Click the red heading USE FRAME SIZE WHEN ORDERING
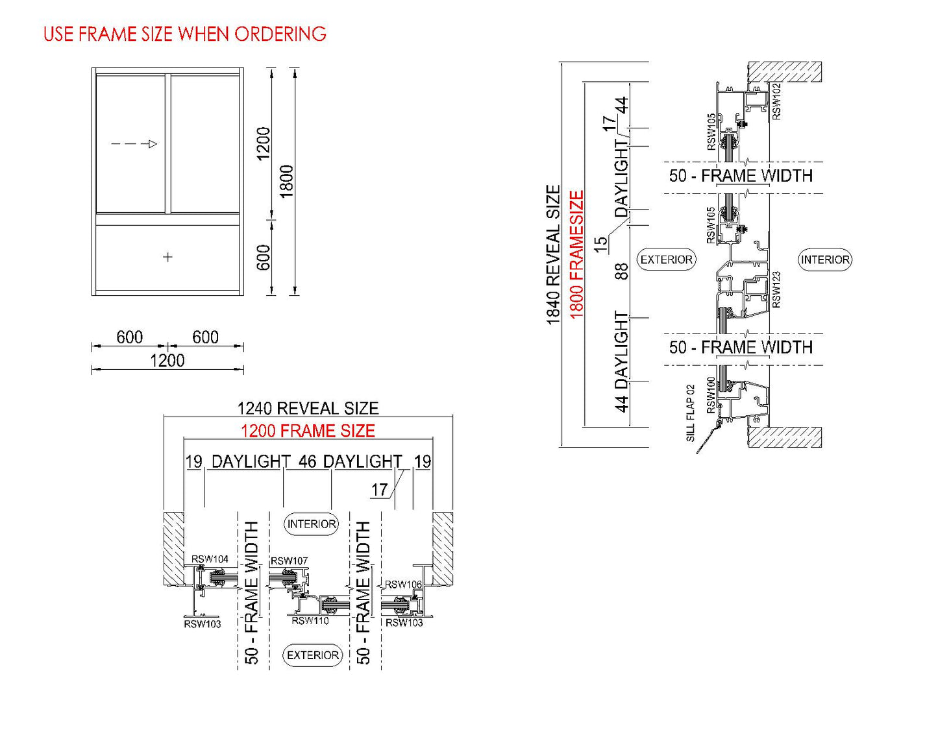click(185, 34)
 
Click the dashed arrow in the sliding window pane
click(134, 144)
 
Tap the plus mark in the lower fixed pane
click(168, 257)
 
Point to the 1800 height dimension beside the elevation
click(286, 181)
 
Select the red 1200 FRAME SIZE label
click(308, 431)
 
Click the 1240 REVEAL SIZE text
click(308, 408)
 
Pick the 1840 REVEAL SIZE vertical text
click(552, 254)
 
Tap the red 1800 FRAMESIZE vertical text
click(576, 254)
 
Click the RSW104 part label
click(210, 559)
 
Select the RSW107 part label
click(289, 561)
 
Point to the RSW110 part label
click(310, 621)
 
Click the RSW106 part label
click(403, 585)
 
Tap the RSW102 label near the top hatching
click(776, 101)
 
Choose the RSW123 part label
click(776, 289)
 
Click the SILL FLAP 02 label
click(691, 413)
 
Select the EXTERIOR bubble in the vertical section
click(667, 260)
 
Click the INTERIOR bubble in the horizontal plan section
click(312, 524)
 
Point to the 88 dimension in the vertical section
click(621, 271)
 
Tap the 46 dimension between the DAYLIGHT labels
click(308, 461)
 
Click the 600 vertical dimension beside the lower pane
click(264, 258)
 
